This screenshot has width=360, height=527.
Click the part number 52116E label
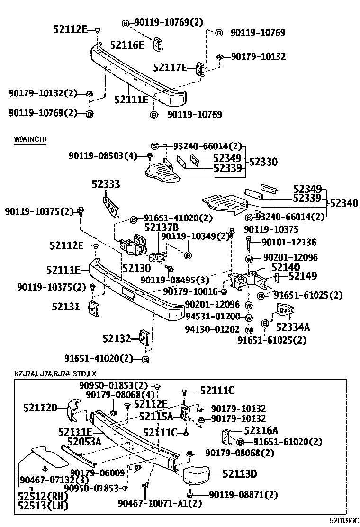[126, 45]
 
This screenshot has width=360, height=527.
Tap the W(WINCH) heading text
[30, 139]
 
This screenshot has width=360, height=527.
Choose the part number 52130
[136, 268]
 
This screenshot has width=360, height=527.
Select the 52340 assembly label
[344, 203]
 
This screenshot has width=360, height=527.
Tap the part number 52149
[303, 276]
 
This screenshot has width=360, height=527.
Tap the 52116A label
[261, 430]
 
